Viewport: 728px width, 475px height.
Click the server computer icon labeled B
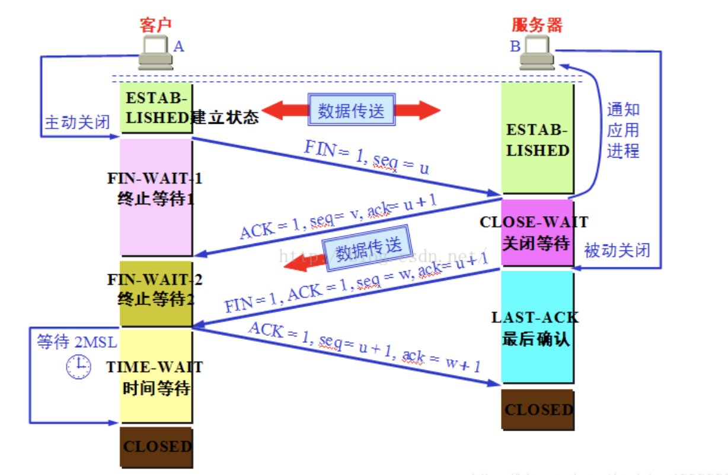click(537, 52)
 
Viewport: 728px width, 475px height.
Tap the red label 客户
click(155, 24)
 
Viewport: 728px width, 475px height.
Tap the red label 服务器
click(537, 24)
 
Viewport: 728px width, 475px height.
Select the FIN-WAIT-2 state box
click(156, 294)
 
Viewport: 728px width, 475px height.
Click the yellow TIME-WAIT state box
click(156, 375)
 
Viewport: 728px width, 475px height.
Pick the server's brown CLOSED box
click(538, 409)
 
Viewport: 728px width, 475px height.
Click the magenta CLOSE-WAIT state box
click(537, 233)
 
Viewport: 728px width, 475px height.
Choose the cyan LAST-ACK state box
click(537, 328)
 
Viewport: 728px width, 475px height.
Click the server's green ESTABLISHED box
click(537, 139)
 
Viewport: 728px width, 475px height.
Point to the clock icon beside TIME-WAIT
click(78, 367)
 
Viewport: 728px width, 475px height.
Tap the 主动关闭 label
click(78, 123)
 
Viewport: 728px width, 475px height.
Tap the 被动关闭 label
click(617, 250)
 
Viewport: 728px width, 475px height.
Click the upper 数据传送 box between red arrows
click(352, 110)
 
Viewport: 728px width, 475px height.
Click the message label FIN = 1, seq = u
click(366, 158)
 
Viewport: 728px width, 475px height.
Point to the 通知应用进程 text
click(623, 130)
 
